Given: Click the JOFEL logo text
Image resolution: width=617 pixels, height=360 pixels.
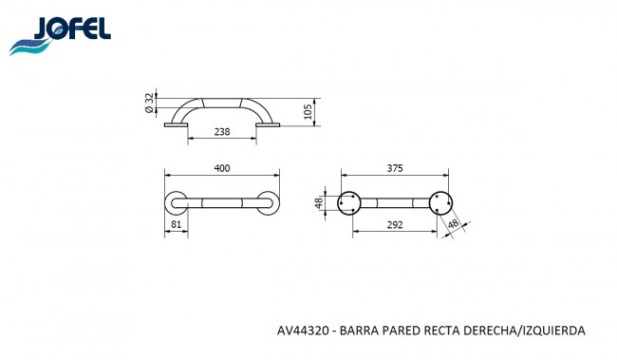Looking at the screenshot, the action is pyautogui.click(x=72, y=28).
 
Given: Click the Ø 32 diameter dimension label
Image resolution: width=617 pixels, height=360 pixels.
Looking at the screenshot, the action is pyautogui.click(x=149, y=104).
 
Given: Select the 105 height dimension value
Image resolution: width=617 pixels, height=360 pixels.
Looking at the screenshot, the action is pyautogui.click(x=308, y=112).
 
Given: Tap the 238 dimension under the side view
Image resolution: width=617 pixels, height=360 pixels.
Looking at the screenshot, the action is pyautogui.click(x=222, y=131).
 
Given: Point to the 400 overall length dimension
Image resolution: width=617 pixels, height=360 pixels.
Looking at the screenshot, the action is pyautogui.click(x=222, y=168).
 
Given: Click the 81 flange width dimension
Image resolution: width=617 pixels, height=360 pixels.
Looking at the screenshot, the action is pyautogui.click(x=176, y=224).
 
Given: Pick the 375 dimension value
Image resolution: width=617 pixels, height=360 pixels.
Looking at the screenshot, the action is pyautogui.click(x=395, y=168).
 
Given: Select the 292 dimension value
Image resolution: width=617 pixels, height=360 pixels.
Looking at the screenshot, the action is pyautogui.click(x=395, y=224).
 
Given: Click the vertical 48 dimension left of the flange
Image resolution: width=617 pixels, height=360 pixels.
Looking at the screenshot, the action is pyautogui.click(x=319, y=203).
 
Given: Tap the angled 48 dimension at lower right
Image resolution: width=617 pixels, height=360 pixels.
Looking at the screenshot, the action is pyautogui.click(x=454, y=224).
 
